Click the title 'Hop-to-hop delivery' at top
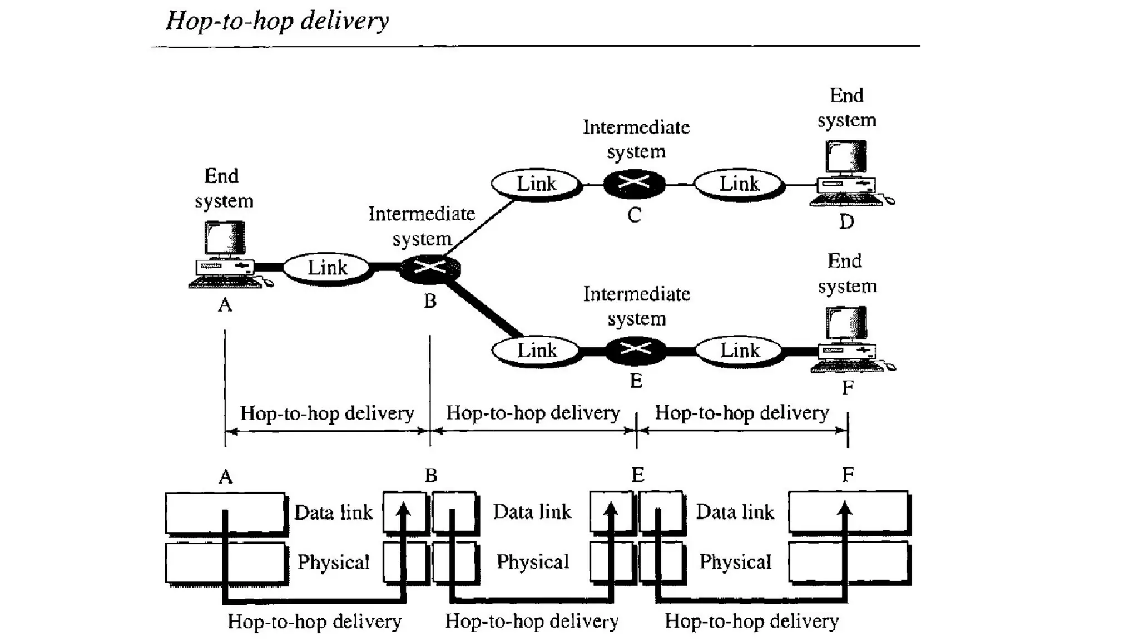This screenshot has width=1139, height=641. tap(277, 21)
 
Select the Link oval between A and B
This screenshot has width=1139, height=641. tap(327, 268)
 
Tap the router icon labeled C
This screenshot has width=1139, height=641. tap(634, 183)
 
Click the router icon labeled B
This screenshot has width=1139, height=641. tap(430, 268)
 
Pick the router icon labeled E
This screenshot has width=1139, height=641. tap(635, 350)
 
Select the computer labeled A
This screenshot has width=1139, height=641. tap(225, 255)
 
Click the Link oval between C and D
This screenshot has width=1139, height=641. tap(739, 184)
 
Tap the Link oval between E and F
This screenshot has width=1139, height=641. tap(740, 350)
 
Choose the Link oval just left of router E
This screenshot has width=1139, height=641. tap(537, 351)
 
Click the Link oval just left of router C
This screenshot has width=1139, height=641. tap(536, 184)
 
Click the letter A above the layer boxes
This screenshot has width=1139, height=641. tap(225, 477)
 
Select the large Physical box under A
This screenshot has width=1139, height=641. tap(225, 563)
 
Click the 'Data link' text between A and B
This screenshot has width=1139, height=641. tap(333, 512)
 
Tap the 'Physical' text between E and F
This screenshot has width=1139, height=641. tap(735, 562)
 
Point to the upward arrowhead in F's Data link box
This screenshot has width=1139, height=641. tap(845, 507)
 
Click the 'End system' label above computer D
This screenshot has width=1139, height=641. tap(846, 108)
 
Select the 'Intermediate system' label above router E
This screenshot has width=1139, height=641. tap(636, 306)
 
